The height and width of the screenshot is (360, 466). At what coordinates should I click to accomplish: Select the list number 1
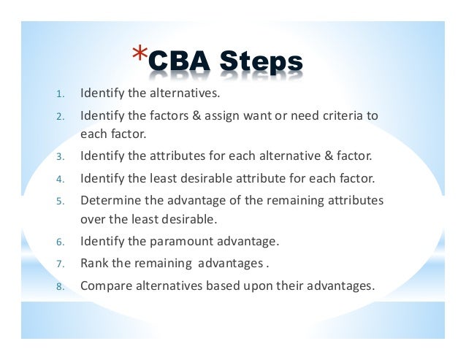61,94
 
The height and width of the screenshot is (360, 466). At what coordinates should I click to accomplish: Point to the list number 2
61,116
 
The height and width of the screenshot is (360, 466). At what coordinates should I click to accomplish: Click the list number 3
61,157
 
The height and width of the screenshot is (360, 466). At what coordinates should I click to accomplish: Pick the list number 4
61,177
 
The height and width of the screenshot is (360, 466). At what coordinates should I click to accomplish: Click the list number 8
61,286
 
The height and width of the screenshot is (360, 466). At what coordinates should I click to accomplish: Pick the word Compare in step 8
104,286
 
